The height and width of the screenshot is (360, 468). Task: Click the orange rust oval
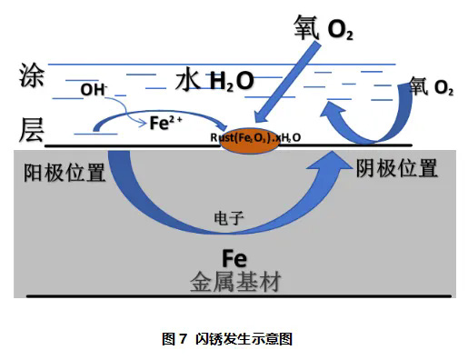click(x=250, y=141)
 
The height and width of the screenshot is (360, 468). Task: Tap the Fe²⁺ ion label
click(x=165, y=123)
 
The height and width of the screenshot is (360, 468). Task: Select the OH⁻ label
click(x=94, y=90)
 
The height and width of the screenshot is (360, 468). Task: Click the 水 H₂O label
click(x=214, y=81)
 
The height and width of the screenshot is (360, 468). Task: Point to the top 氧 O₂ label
click(x=324, y=28)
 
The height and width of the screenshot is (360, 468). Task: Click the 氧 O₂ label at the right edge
click(x=432, y=86)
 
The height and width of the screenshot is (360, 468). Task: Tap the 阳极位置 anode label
click(x=65, y=173)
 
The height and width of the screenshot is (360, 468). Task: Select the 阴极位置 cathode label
click(x=396, y=168)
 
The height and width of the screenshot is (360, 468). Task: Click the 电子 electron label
click(x=229, y=218)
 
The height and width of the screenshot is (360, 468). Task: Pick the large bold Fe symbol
click(x=234, y=258)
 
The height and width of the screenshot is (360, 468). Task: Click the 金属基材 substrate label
click(x=235, y=282)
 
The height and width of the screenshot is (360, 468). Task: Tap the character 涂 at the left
click(x=31, y=75)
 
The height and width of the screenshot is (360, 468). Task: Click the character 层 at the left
click(x=31, y=130)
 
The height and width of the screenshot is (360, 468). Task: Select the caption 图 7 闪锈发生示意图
click(x=227, y=338)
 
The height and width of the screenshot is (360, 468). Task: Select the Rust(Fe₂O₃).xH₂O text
click(x=255, y=138)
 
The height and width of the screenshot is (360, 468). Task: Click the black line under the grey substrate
click(x=239, y=296)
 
